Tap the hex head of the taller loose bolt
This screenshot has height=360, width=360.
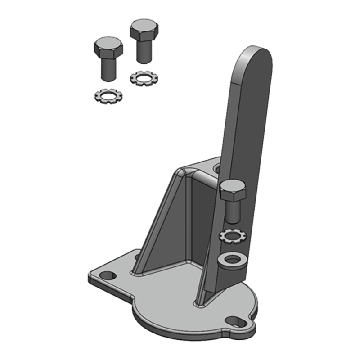[144, 30]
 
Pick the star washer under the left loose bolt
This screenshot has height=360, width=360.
[107, 96]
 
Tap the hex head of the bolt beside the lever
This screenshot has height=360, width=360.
[233, 190]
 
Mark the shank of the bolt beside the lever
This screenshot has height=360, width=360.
[233, 212]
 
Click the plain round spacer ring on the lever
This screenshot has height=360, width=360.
[232, 260]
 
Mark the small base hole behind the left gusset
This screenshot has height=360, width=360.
[137, 257]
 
